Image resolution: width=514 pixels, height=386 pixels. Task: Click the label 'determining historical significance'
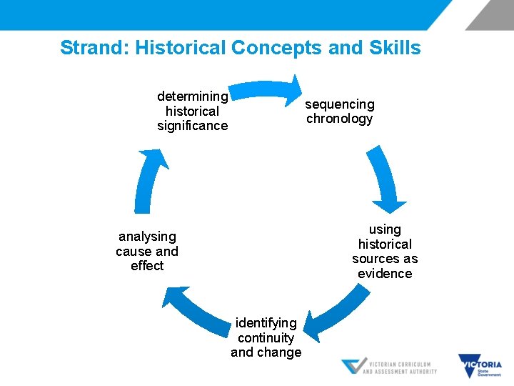(x=192, y=111)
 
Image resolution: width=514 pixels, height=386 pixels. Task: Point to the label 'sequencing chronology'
(x=340, y=112)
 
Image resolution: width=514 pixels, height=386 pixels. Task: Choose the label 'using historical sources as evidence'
(x=385, y=251)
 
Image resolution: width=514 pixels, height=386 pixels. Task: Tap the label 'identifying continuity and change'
(x=266, y=337)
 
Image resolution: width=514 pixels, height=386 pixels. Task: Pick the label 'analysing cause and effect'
(x=147, y=251)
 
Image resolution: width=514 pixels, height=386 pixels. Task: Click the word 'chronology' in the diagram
(x=340, y=119)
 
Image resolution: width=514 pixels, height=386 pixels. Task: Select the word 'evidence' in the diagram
(x=385, y=273)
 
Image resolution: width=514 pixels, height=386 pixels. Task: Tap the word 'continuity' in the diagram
(x=266, y=337)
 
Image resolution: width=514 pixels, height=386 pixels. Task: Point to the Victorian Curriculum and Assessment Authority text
(x=400, y=367)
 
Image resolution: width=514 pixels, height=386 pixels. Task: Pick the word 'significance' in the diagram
(x=192, y=126)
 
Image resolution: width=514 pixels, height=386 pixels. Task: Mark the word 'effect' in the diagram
(x=147, y=266)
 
